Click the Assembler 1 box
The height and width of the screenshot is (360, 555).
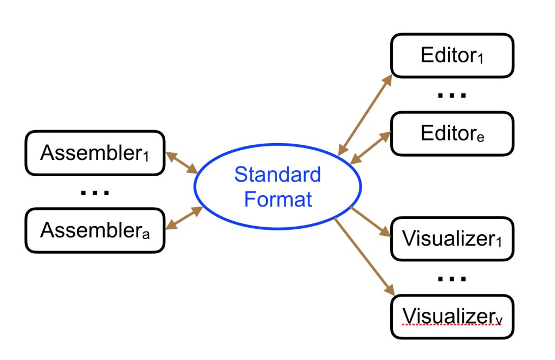click(95, 153)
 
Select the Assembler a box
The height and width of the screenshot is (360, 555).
click(95, 231)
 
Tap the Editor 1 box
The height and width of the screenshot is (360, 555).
click(451, 55)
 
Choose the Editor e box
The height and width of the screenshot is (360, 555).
click(451, 133)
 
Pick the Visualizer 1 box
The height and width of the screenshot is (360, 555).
click(451, 238)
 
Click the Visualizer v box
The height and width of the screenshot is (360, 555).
click(451, 316)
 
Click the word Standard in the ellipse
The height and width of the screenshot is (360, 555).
click(277, 175)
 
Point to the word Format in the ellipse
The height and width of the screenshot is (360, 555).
click(277, 199)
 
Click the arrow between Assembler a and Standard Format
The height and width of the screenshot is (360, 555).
click(184, 218)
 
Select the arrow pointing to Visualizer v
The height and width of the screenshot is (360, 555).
click(363, 257)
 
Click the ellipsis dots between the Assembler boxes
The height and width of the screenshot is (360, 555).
click(95, 192)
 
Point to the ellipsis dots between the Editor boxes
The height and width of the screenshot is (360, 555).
click(451, 96)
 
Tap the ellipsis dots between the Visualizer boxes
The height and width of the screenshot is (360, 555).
click(451, 279)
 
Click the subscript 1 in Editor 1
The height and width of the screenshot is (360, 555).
click(480, 59)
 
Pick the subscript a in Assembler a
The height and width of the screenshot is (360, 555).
click(145, 234)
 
